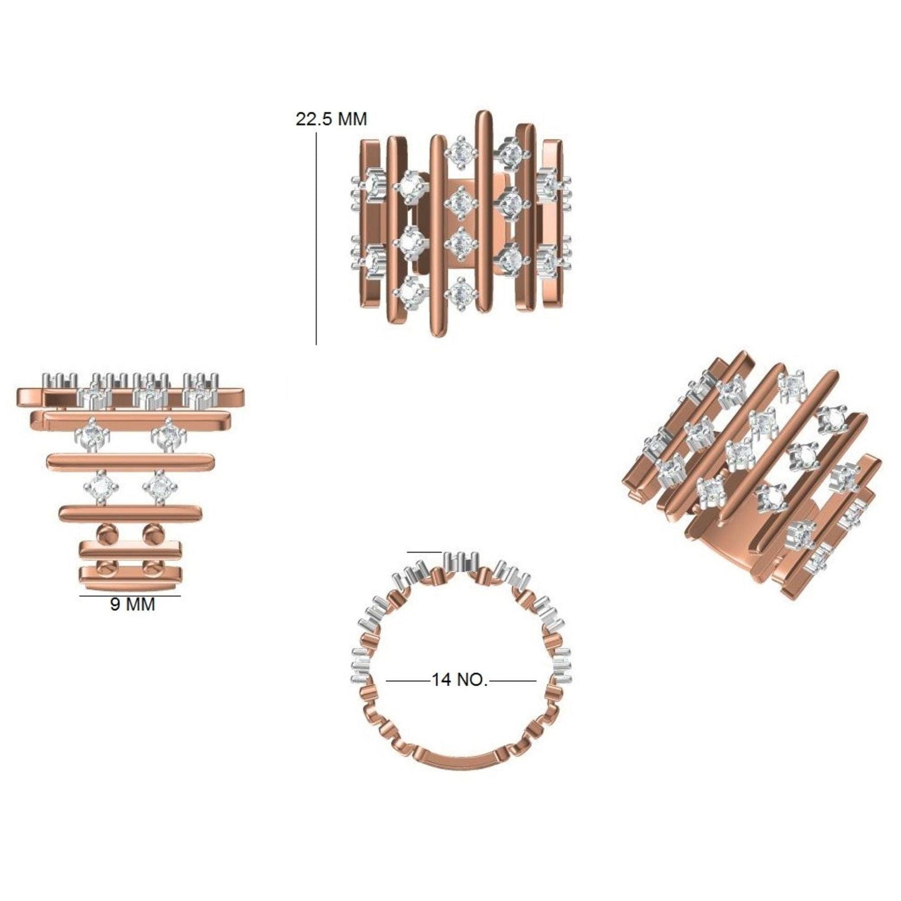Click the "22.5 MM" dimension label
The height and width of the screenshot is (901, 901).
[x=331, y=119]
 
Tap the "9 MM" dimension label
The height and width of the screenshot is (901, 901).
[x=132, y=605]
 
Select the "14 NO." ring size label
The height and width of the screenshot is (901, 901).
[x=459, y=680]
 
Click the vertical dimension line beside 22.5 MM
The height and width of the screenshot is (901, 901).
[x=317, y=238]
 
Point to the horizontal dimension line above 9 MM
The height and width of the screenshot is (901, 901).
[x=130, y=595]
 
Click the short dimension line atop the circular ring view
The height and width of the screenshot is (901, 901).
[x=424, y=552]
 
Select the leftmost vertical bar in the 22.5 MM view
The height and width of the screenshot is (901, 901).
[x=369, y=223]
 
